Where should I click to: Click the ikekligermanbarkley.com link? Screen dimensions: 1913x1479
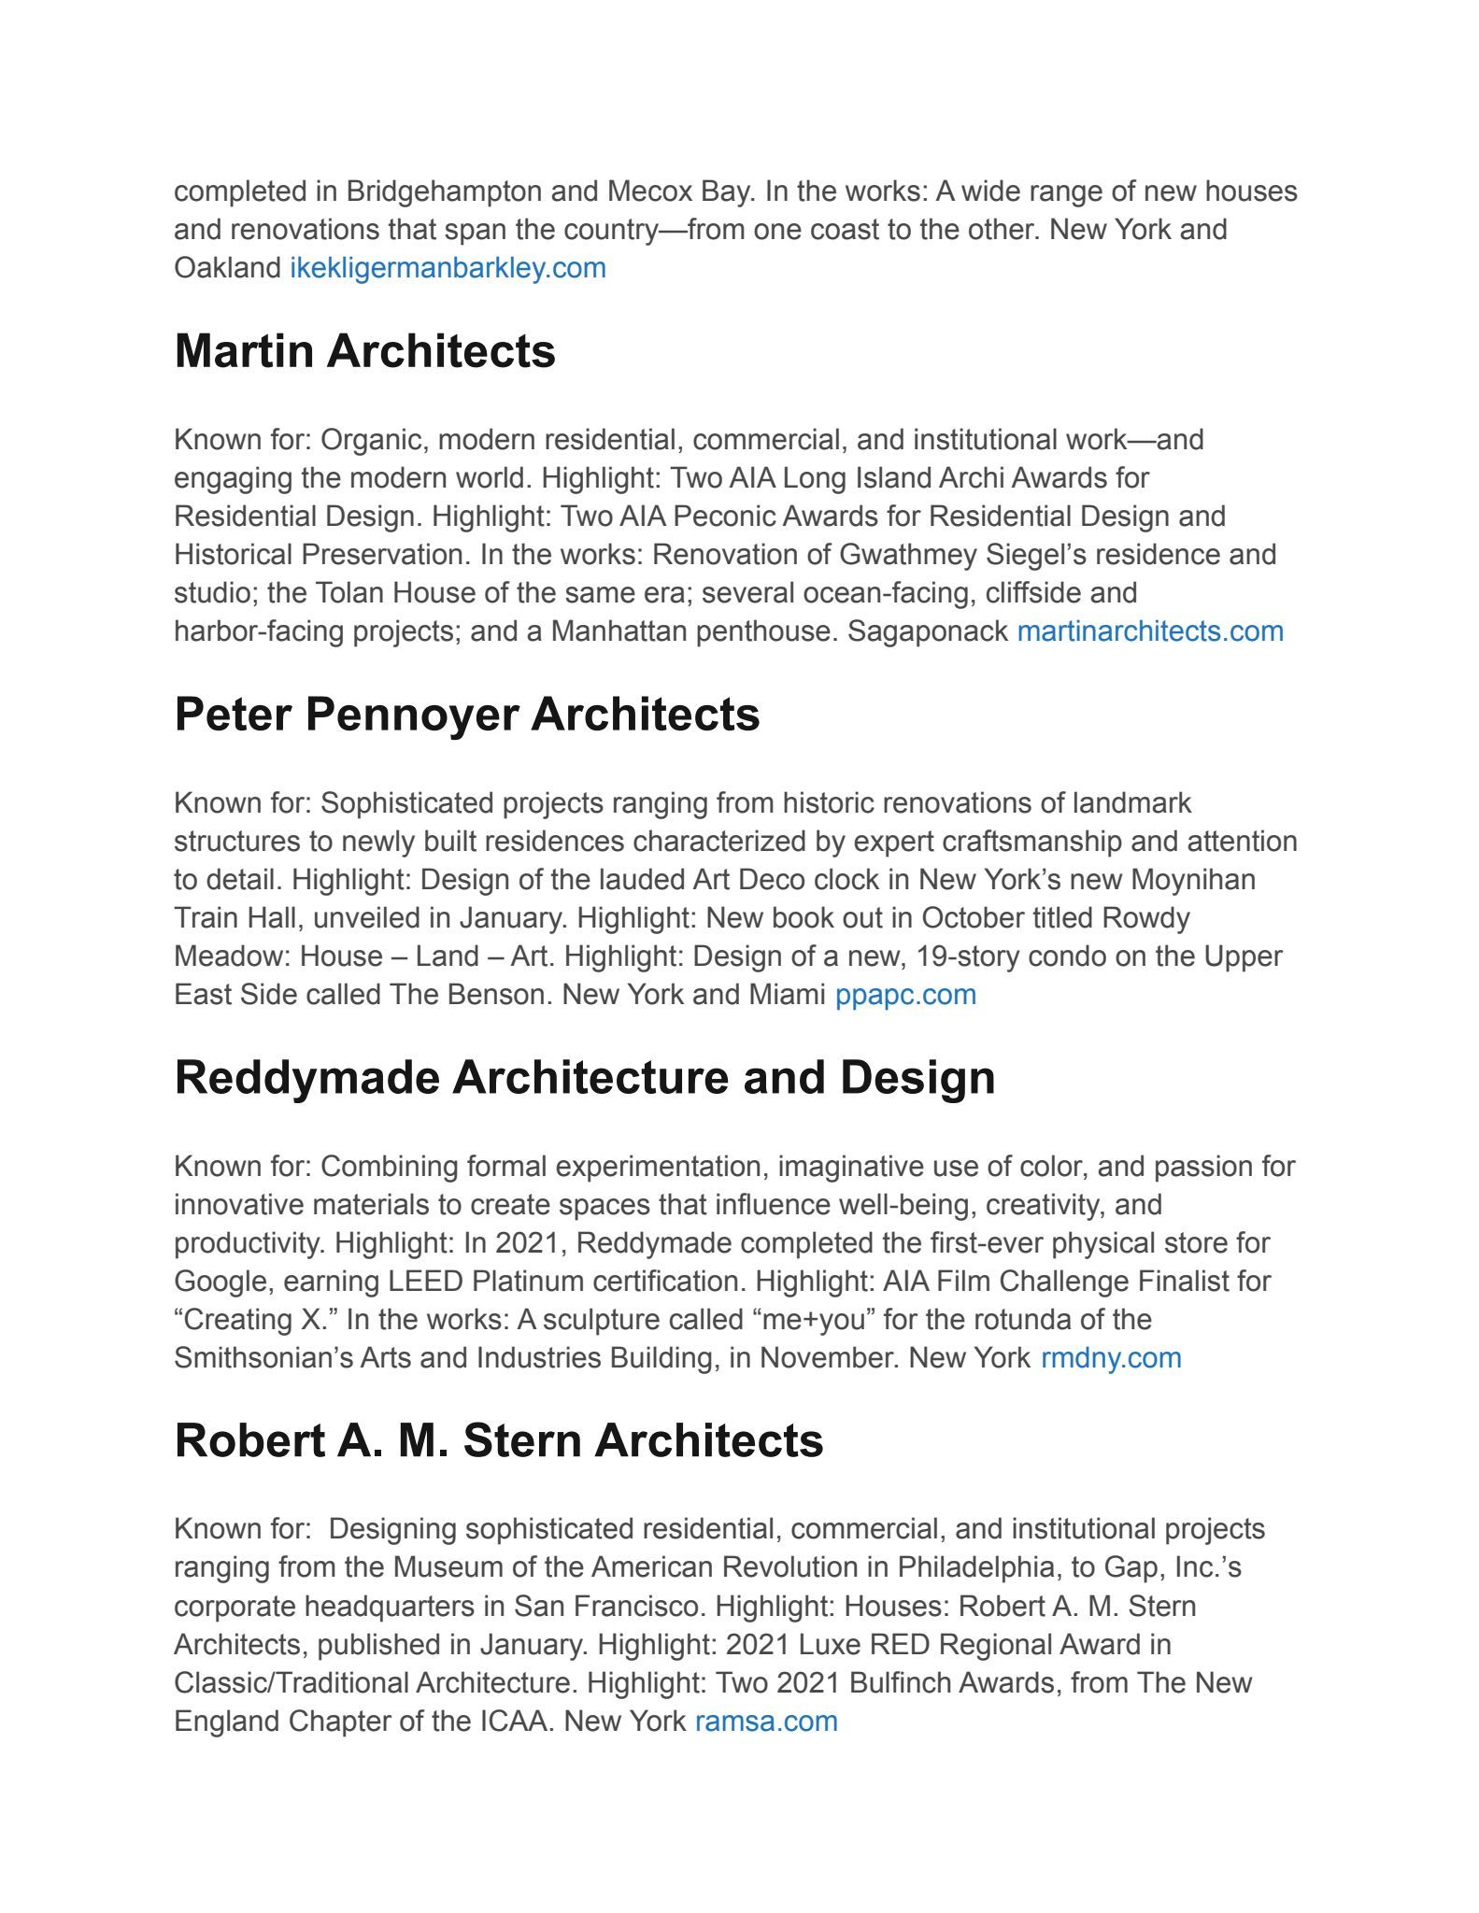click(x=448, y=268)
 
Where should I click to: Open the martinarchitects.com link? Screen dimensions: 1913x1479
click(x=1150, y=631)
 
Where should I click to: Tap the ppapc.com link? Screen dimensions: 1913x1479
click(x=905, y=995)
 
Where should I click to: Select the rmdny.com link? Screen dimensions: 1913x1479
click(x=1111, y=1357)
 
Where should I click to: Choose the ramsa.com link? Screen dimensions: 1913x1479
click(x=766, y=1721)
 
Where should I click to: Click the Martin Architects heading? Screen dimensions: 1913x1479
click(x=364, y=351)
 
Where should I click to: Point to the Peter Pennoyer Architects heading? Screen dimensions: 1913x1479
click(x=467, y=715)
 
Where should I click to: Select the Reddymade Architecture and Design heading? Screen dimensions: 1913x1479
click(x=585, y=1077)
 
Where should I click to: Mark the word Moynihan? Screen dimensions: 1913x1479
click(x=1193, y=880)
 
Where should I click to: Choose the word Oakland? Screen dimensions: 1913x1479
click(x=227, y=268)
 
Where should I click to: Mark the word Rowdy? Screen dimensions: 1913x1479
click(x=1146, y=918)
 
